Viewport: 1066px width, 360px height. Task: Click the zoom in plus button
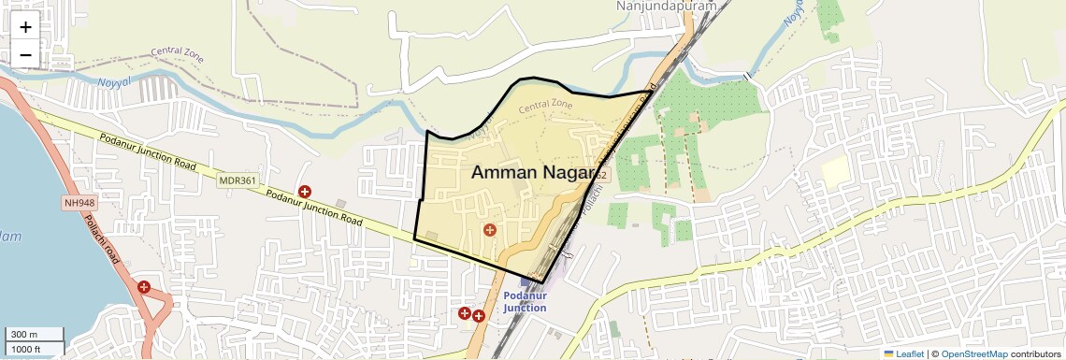[25, 27]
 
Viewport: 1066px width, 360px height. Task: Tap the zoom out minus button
[25, 55]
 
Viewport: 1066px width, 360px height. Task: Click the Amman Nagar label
[534, 172]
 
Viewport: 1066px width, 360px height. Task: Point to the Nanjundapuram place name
[666, 7]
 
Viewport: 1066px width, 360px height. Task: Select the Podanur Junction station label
[525, 302]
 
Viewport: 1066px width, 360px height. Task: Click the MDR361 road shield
[237, 180]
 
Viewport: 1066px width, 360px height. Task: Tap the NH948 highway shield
[81, 202]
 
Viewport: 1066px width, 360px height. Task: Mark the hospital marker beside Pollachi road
[144, 287]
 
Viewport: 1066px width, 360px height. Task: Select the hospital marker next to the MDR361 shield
[304, 192]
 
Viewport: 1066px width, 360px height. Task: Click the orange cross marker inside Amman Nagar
[489, 230]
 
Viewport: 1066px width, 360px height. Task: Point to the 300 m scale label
[24, 335]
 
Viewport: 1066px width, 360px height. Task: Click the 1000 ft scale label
[26, 349]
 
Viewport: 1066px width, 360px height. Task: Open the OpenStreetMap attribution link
[974, 353]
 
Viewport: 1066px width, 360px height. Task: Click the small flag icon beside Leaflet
[889, 353]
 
